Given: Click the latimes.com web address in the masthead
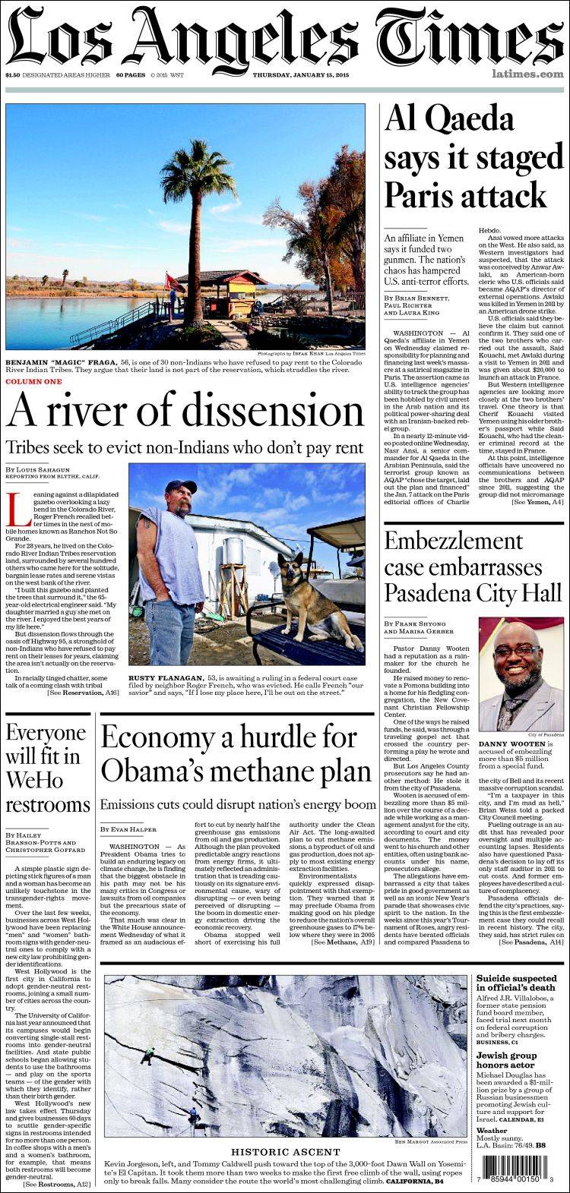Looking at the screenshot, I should pos(527,74).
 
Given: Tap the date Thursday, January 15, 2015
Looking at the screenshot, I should pos(296,75).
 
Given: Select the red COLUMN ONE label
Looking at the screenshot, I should pos(33,381).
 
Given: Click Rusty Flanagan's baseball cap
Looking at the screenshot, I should pos(180,487).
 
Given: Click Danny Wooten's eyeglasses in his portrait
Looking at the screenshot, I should pos(518,652).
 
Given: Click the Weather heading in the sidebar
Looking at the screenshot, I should pos(492,1131).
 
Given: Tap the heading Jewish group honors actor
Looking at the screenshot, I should pos(507,1060).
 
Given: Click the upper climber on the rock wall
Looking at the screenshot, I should pos(149,1052).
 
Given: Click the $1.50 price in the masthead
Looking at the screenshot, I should pos(12,75).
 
